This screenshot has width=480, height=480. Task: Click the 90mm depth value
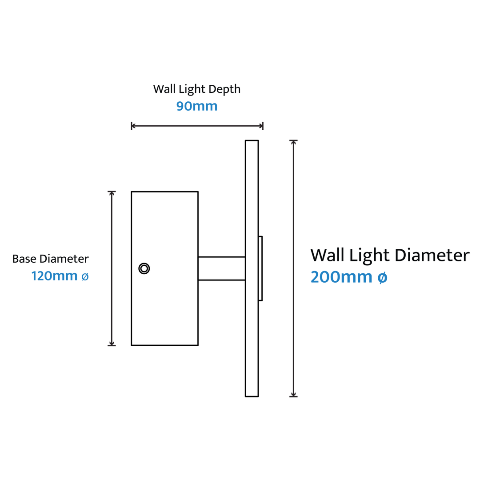197,106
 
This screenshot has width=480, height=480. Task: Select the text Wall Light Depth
197,89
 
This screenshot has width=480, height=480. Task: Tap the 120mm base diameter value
55,276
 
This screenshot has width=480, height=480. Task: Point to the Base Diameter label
51,259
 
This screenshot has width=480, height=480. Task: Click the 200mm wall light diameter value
341,277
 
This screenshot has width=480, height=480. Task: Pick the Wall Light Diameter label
390,255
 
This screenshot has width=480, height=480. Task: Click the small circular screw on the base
144,268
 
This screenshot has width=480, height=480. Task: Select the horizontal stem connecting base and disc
222,268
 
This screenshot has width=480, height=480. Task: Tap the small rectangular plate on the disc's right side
260,268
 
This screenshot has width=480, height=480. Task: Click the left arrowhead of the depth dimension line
133,125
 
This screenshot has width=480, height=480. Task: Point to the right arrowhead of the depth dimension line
261,125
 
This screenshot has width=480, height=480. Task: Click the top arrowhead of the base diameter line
112,193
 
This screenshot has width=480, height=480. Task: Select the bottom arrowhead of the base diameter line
112,344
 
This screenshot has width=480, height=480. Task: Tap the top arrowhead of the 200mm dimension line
294,142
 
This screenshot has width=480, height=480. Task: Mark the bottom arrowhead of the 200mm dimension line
294,395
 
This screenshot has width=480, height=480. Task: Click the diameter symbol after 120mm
85,277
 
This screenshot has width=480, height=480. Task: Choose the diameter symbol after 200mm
382,278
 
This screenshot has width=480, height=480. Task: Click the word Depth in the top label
224,89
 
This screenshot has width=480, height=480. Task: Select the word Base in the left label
24,259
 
